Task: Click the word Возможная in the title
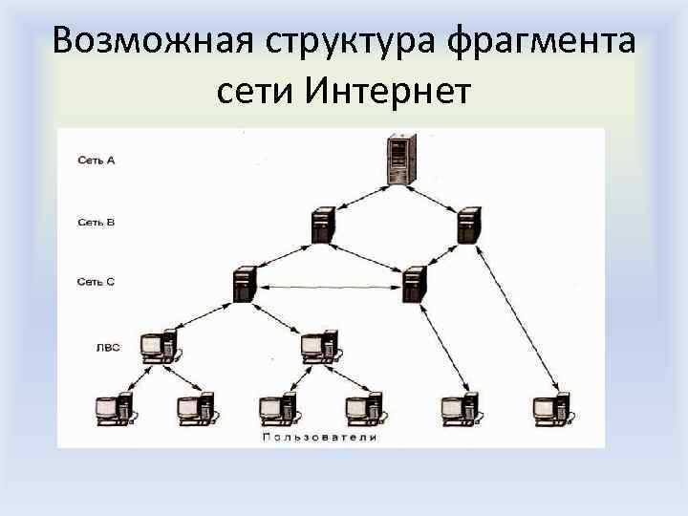[148, 41]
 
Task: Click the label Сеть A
[96, 161]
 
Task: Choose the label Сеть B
[96, 223]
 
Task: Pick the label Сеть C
[96, 281]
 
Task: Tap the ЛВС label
[108, 347]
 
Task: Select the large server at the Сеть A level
[398, 160]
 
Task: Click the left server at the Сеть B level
[322, 226]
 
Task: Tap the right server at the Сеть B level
[466, 226]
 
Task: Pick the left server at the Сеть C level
[244, 285]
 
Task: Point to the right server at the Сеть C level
[414, 285]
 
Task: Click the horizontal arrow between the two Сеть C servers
[329, 285]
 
